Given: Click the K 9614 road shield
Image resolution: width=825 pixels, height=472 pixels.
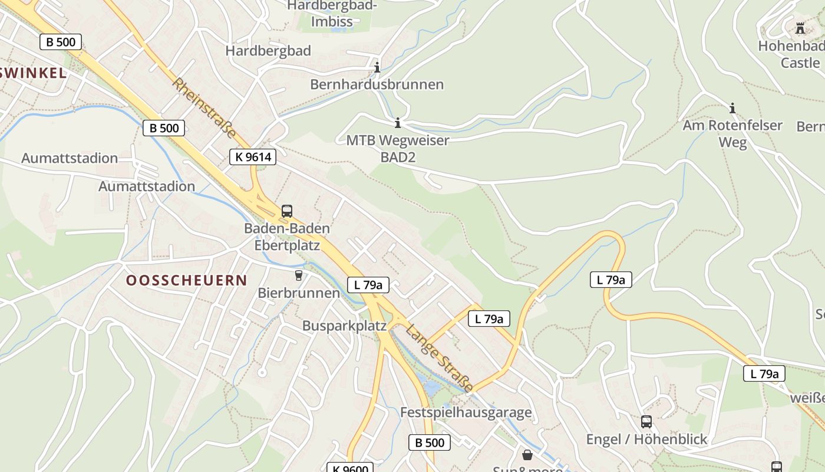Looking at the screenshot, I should click(253, 157).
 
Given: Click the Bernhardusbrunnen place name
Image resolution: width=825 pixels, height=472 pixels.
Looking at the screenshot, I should click(377, 84).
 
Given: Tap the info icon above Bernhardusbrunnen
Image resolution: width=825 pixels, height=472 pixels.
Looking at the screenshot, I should click(377, 68).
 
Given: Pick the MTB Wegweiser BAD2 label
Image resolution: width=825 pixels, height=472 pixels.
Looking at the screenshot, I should click(397, 148).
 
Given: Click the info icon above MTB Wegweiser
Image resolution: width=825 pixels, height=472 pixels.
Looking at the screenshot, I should click(398, 123).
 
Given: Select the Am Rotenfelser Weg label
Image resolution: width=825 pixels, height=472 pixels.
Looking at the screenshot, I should click(732, 133).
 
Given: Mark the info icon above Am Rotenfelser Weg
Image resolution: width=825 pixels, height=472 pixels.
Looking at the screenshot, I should click(732, 108).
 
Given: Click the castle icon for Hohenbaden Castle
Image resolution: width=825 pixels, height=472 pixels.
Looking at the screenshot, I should click(800, 28).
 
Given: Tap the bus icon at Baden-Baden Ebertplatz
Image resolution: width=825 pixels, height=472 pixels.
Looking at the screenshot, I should click(287, 211).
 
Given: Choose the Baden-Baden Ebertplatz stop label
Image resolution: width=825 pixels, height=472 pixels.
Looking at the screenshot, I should click(287, 236).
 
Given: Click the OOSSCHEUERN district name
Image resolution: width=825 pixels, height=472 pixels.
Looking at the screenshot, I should click(186, 280).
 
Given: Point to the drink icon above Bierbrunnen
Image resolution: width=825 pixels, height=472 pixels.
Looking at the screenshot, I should click(299, 276).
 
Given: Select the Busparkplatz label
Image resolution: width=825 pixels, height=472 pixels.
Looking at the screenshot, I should click(344, 326).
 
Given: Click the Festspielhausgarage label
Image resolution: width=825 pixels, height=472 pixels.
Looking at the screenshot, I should click(466, 412).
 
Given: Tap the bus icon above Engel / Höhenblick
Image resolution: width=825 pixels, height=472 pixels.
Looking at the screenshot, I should click(646, 421).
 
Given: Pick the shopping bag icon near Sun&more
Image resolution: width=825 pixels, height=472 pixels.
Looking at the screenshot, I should click(527, 455).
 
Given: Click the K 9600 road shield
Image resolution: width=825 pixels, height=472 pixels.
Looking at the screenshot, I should click(350, 468).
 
